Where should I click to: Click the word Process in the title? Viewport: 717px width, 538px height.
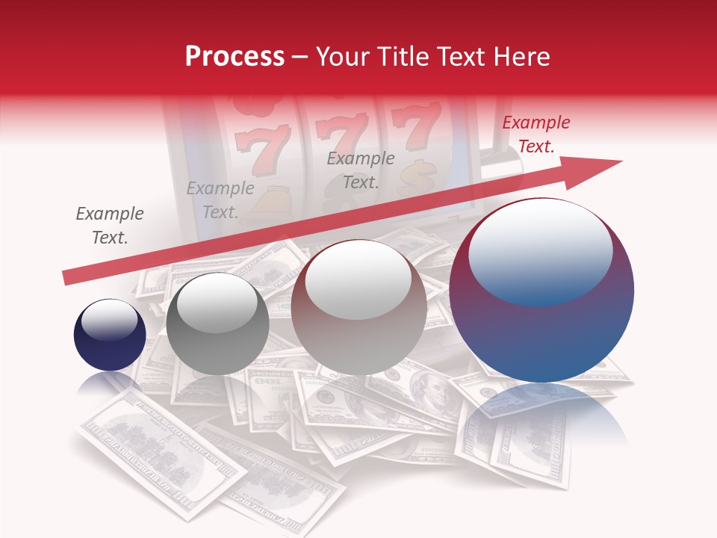[235, 57]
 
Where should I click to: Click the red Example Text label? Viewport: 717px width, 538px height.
[536, 134]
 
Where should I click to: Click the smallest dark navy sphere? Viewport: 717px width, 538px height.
[110, 336]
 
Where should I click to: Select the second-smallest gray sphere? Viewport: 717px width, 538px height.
[217, 324]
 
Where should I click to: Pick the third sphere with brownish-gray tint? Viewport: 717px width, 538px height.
[358, 307]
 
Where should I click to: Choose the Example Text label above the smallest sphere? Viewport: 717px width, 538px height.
[110, 226]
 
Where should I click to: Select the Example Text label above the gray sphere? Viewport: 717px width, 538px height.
[220, 200]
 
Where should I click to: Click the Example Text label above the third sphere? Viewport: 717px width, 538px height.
[361, 170]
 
